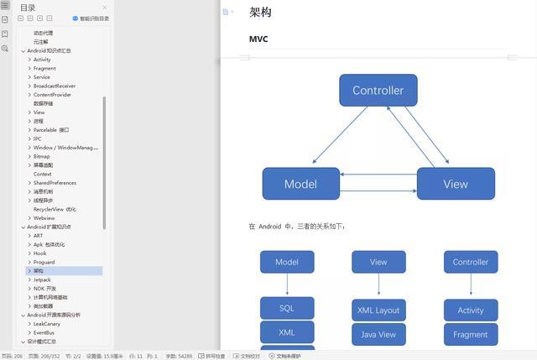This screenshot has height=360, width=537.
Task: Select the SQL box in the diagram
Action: [x=287, y=308]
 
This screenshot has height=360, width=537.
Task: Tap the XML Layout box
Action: [x=378, y=310]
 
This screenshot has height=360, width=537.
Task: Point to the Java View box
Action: [x=378, y=334]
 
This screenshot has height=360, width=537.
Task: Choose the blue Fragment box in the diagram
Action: [x=471, y=334]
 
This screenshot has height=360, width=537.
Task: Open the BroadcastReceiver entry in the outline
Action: [x=55, y=86]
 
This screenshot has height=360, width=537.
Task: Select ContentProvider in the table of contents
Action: [x=52, y=95]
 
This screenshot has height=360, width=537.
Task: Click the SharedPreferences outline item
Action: [x=55, y=183]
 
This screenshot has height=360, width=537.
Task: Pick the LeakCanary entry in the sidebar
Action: [x=47, y=324]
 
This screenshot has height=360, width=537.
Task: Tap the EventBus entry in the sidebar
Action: [x=44, y=333]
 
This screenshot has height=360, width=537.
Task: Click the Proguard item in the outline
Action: [x=44, y=263]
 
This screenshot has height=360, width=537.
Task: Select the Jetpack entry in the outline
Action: [x=42, y=280]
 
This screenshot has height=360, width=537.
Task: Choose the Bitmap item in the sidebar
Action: [x=41, y=156]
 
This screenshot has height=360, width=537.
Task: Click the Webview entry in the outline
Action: [x=44, y=218]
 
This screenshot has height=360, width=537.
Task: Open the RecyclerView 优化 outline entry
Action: [x=55, y=210]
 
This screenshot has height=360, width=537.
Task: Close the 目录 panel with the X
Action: [x=105, y=8]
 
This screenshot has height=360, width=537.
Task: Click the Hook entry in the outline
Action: [x=39, y=253]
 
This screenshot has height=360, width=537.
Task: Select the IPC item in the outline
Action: [x=38, y=138]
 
